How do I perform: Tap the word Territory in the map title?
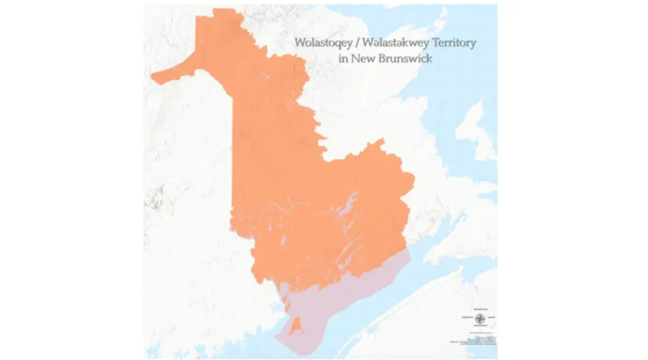451,43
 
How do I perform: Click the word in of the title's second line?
343,58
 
